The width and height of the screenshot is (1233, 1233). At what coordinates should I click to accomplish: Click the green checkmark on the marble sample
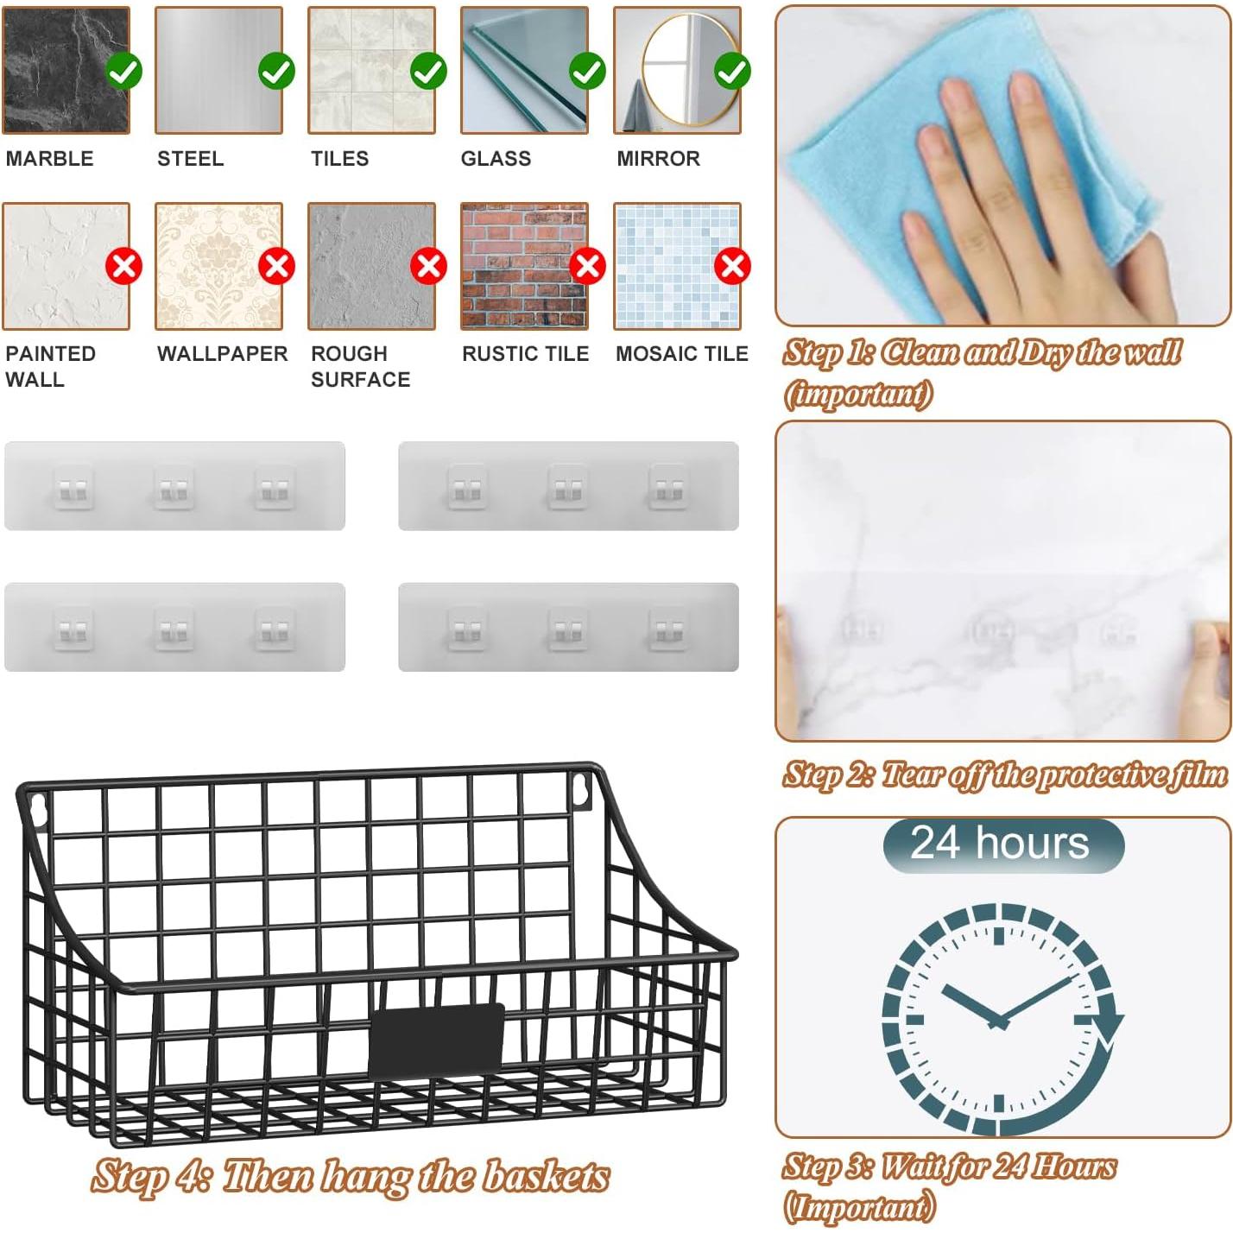point(123,71)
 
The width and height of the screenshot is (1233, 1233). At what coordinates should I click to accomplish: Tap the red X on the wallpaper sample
point(276,266)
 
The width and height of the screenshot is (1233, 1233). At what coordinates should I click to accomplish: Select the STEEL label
point(190,159)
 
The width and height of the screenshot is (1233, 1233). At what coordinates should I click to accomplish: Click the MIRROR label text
point(658,159)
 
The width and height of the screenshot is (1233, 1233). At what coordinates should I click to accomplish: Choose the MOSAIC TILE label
point(681,354)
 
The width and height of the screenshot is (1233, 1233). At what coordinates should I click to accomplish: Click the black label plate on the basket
point(436,1040)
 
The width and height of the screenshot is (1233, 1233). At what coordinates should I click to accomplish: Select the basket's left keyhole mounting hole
point(37,806)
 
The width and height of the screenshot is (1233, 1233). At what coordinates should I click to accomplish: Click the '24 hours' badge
point(1002,844)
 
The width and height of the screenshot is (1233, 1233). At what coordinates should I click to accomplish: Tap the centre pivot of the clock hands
point(999,1021)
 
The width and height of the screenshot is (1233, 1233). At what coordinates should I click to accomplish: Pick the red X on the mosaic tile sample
point(732,266)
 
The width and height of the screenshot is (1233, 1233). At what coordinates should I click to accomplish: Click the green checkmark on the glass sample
point(587,71)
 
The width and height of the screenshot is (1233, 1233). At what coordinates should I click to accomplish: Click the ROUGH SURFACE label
point(360,367)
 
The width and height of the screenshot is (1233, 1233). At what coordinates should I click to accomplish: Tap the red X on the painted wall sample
point(123,266)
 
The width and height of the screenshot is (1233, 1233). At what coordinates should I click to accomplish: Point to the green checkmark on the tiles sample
point(428,71)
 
